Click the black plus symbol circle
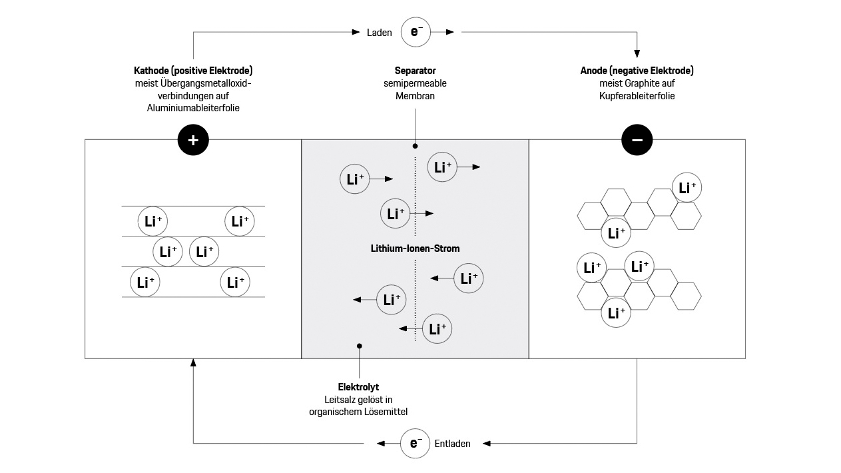pyautogui.click(x=193, y=140)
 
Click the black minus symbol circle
pyautogui.click(x=637, y=140)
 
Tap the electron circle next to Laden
pyautogui.click(x=416, y=31)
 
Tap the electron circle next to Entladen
pyautogui.click(x=416, y=444)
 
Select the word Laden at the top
pyautogui.click(x=379, y=32)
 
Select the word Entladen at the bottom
pyautogui.click(x=453, y=444)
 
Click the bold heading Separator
pyautogui.click(x=415, y=71)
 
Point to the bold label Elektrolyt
pyautogui.click(x=358, y=386)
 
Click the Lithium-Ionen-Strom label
pyautogui.click(x=415, y=248)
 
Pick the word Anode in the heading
pyautogui.click(x=595, y=71)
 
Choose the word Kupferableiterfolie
pyautogui.click(x=637, y=96)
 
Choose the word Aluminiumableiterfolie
pyautogui.click(x=193, y=109)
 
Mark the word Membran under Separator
pyautogui.click(x=415, y=96)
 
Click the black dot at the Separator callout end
pyautogui.click(x=415, y=145)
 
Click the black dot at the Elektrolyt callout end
pyautogui.click(x=360, y=346)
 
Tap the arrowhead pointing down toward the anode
pyautogui.click(x=637, y=55)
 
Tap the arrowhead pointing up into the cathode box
pyautogui.click(x=193, y=363)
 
